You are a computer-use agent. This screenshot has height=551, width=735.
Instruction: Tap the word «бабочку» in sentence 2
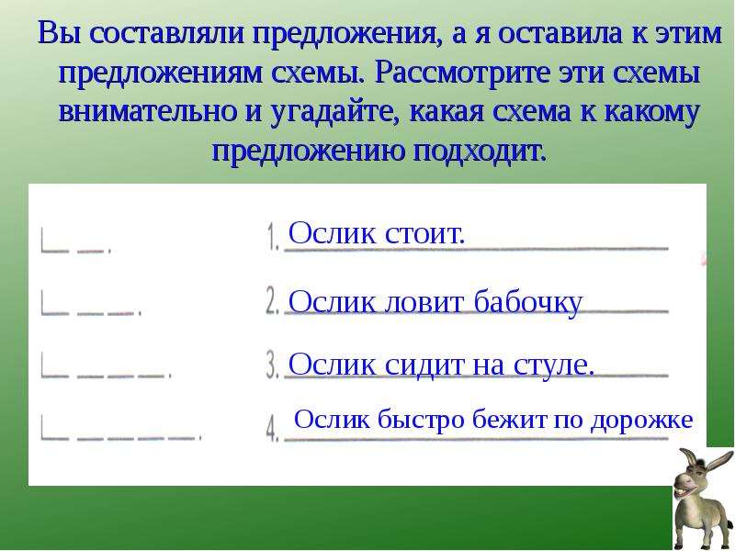528,302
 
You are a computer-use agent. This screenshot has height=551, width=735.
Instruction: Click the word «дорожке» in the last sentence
641,420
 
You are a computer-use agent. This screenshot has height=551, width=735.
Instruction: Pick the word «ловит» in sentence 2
425,303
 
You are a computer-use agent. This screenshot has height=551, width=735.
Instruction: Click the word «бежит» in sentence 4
510,420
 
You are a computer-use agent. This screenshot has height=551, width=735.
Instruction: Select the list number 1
273,237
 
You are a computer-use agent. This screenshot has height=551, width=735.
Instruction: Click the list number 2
272,300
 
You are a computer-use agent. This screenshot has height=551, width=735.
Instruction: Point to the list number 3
272,365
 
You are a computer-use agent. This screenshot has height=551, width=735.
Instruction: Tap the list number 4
272,429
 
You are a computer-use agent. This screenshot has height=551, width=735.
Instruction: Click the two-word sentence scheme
76,241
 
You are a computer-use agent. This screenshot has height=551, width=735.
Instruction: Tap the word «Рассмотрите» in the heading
461,73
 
